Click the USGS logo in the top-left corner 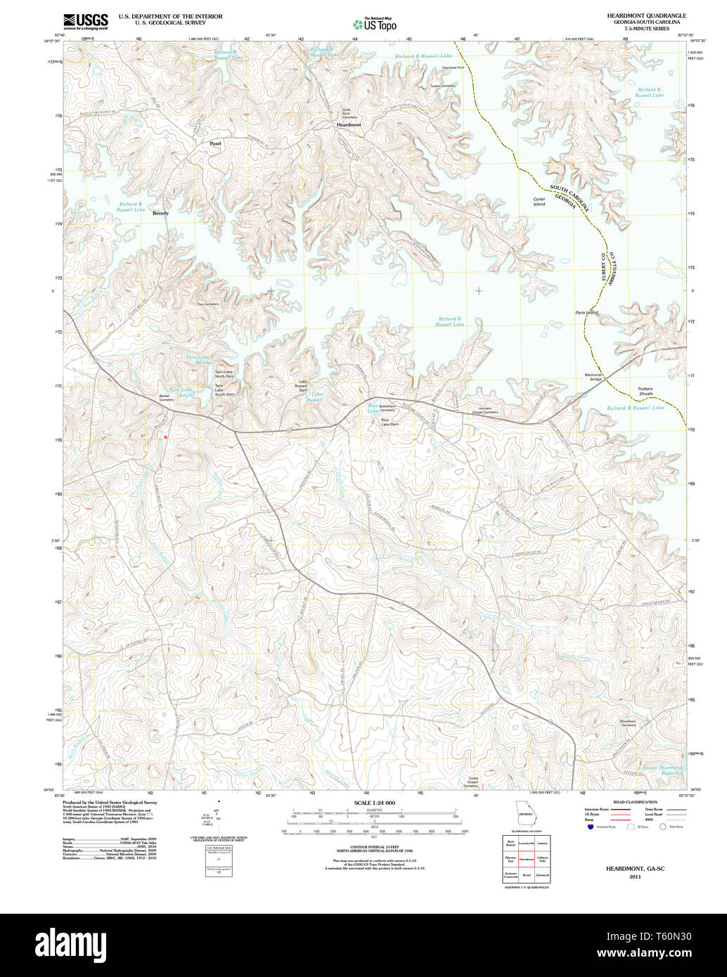tap(86, 22)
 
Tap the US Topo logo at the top tap(374, 23)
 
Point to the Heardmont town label tap(348, 124)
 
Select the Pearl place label tap(215, 143)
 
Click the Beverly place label tap(160, 213)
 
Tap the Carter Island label tap(539, 202)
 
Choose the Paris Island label tap(586, 312)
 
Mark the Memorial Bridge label tap(593, 377)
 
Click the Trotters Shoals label tap(645, 391)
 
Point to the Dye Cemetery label tap(208, 304)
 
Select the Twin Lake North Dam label tap(224, 374)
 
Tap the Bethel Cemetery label tap(165, 398)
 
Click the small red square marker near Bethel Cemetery tap(165, 436)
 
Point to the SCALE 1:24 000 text tap(375, 803)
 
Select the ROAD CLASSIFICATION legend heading tap(634, 802)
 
